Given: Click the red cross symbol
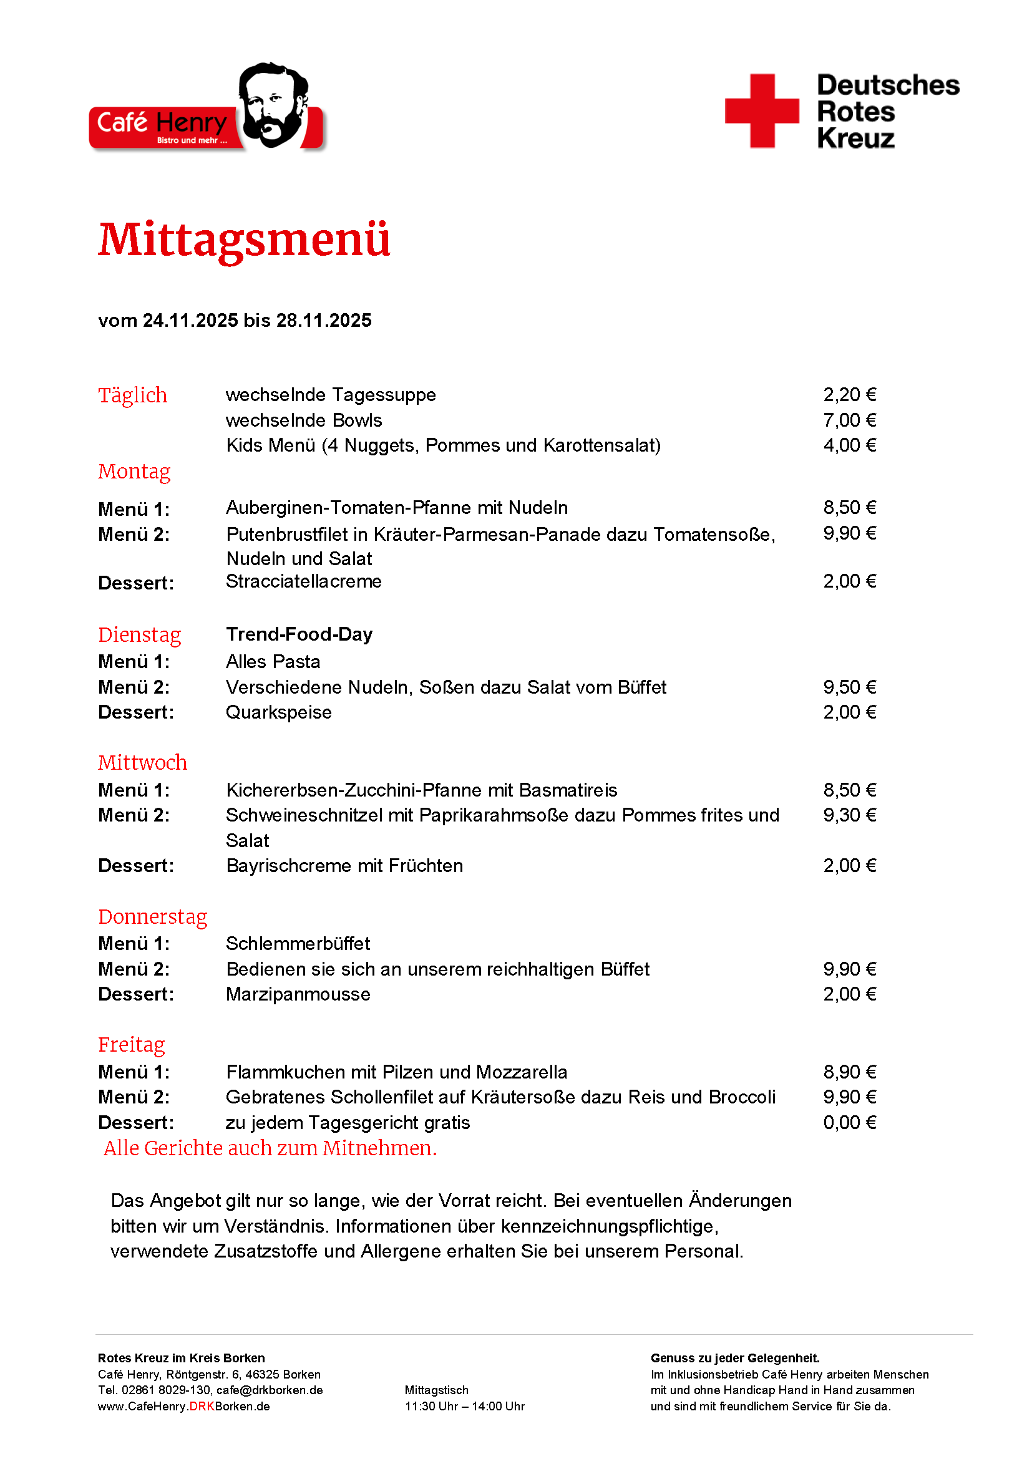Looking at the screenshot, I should (x=761, y=111).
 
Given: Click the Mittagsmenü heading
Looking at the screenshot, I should (x=244, y=240).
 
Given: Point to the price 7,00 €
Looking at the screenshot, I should (x=849, y=420).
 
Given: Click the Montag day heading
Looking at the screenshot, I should (x=134, y=472).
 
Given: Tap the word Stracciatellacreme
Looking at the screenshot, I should (x=304, y=581).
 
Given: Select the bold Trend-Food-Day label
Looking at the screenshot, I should (x=299, y=634).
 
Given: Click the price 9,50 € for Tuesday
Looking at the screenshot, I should (x=849, y=687).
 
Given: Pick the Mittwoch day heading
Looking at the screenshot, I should (x=142, y=762).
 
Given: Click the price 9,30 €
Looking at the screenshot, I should (x=849, y=815).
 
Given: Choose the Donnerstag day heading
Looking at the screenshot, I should (x=152, y=917).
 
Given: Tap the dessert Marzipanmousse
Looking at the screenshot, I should (x=298, y=994).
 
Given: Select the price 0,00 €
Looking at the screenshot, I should (x=849, y=1123).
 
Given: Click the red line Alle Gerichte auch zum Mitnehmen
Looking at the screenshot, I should (x=270, y=1148).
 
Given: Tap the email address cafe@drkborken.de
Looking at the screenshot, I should (x=270, y=1390).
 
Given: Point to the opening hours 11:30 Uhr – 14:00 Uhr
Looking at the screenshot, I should (x=465, y=1406).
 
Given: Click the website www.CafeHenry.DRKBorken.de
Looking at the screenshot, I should (x=183, y=1406).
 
